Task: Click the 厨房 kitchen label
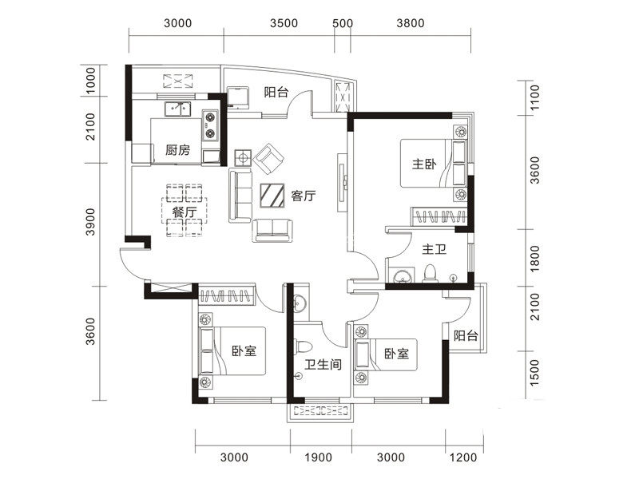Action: [177, 150]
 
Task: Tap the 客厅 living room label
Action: [304, 196]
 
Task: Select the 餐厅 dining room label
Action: [185, 212]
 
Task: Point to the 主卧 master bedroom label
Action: [424, 164]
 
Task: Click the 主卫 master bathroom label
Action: [434, 249]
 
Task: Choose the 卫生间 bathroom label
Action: [323, 364]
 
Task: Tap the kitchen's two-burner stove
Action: [210, 125]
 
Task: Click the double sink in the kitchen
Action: [177, 109]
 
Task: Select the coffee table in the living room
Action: [272, 196]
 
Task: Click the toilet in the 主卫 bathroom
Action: [430, 274]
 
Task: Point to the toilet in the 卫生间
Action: [304, 346]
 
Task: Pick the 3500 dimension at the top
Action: [284, 23]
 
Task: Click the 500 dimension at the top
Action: [343, 23]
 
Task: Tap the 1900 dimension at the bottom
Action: [318, 457]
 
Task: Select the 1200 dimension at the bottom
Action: [463, 457]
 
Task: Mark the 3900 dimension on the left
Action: [90, 222]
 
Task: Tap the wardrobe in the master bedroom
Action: [439, 216]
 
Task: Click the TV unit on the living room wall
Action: [342, 182]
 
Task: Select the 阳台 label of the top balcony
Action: [276, 92]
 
